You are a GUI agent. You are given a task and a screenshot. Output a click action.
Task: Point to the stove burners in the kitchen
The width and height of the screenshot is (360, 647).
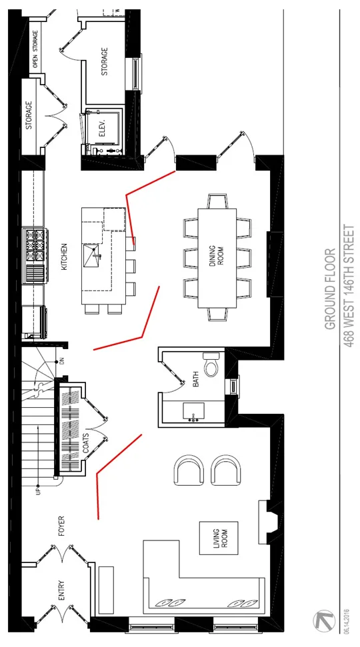pos(34,246)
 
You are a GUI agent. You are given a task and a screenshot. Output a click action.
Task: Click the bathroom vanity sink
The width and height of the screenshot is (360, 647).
pos(193,411)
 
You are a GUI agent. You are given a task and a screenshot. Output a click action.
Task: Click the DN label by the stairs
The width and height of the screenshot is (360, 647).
pos(62,361)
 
